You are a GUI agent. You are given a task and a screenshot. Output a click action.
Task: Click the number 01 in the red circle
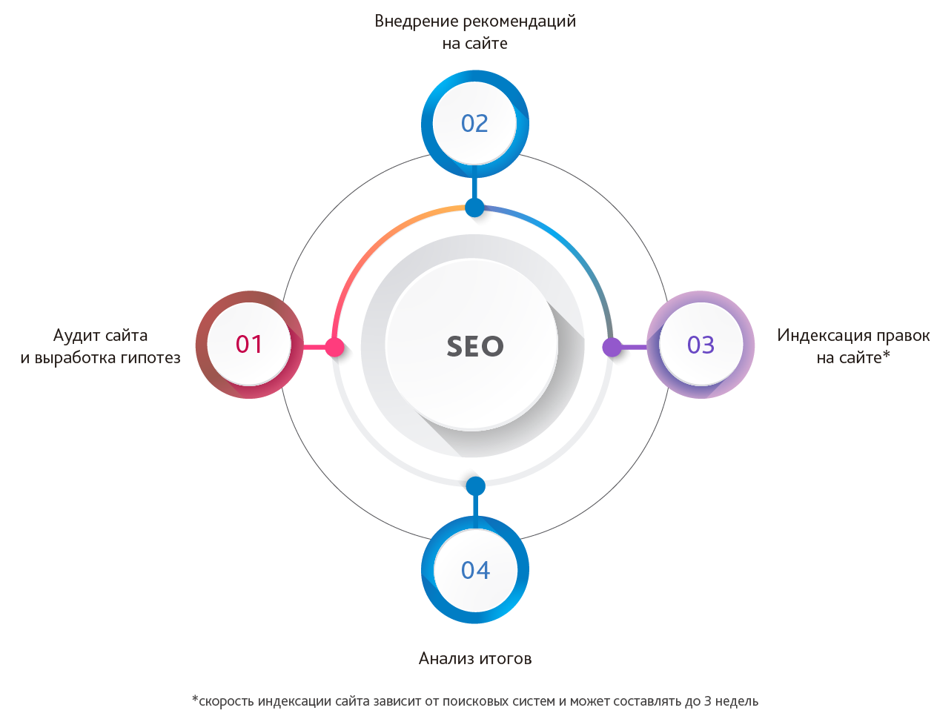249,345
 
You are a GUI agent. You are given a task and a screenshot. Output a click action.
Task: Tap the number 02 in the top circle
474,123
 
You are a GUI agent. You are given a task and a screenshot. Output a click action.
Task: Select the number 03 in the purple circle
701,345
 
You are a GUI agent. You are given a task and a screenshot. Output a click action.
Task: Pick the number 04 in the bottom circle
475,570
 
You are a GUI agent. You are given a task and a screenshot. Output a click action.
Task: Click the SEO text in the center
474,346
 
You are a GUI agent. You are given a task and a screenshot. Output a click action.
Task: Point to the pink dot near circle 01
334,347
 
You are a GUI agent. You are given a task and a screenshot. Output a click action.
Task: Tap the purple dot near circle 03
612,347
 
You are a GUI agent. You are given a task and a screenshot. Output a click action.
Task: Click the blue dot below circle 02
474,208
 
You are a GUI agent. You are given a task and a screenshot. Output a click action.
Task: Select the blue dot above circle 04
476,486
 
